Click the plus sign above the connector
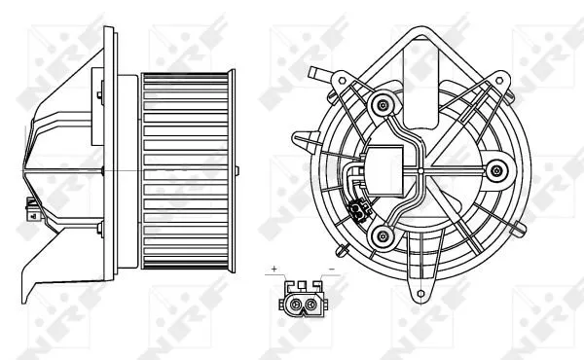[x=275, y=267]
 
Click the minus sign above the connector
[x=334, y=267]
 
